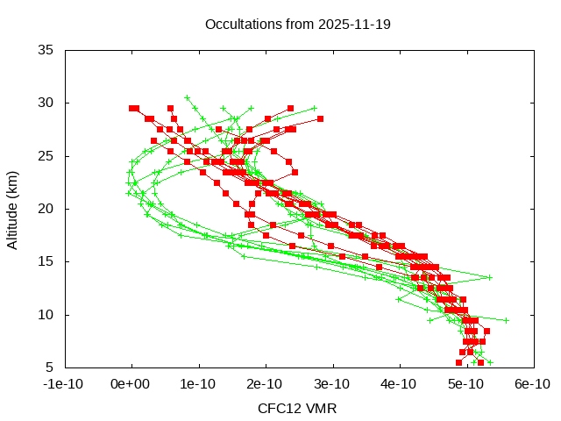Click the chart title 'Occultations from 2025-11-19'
[297, 24]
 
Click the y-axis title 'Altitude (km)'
[12, 209]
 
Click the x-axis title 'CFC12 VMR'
[297, 408]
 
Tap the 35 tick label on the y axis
[46, 50]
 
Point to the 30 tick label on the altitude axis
[46, 103]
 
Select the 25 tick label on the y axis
[46, 156]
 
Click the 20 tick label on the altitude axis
[46, 209]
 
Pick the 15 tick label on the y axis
[46, 261]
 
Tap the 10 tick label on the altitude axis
[46, 314]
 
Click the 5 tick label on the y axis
[51, 367]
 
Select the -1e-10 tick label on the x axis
[65, 384]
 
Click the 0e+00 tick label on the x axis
[131, 384]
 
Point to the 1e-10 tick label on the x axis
[198, 384]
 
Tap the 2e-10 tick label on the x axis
[265, 384]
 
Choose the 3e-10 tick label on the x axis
[331, 384]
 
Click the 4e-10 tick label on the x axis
[399, 384]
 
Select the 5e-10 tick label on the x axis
[465, 384]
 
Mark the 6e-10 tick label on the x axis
[532, 384]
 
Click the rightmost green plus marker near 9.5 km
[506, 320]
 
